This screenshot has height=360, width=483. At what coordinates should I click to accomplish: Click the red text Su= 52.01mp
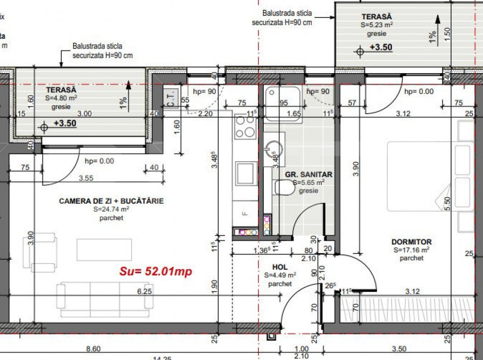tap(156, 272)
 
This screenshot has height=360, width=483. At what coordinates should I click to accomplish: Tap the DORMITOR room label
tap(411, 242)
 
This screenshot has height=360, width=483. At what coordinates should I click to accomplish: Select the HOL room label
tap(280, 267)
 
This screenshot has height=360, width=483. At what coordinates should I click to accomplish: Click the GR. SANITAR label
tap(308, 175)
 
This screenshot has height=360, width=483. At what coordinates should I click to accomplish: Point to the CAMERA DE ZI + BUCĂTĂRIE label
tap(111, 201)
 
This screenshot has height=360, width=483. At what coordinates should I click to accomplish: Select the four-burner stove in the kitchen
tap(245, 126)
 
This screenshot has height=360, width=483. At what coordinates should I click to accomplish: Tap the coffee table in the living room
tap(104, 249)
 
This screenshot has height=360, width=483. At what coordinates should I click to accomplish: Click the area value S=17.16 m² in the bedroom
tap(411, 250)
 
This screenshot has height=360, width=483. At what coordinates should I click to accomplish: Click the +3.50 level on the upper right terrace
tap(381, 47)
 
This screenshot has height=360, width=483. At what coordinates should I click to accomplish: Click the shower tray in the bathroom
tap(282, 103)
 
